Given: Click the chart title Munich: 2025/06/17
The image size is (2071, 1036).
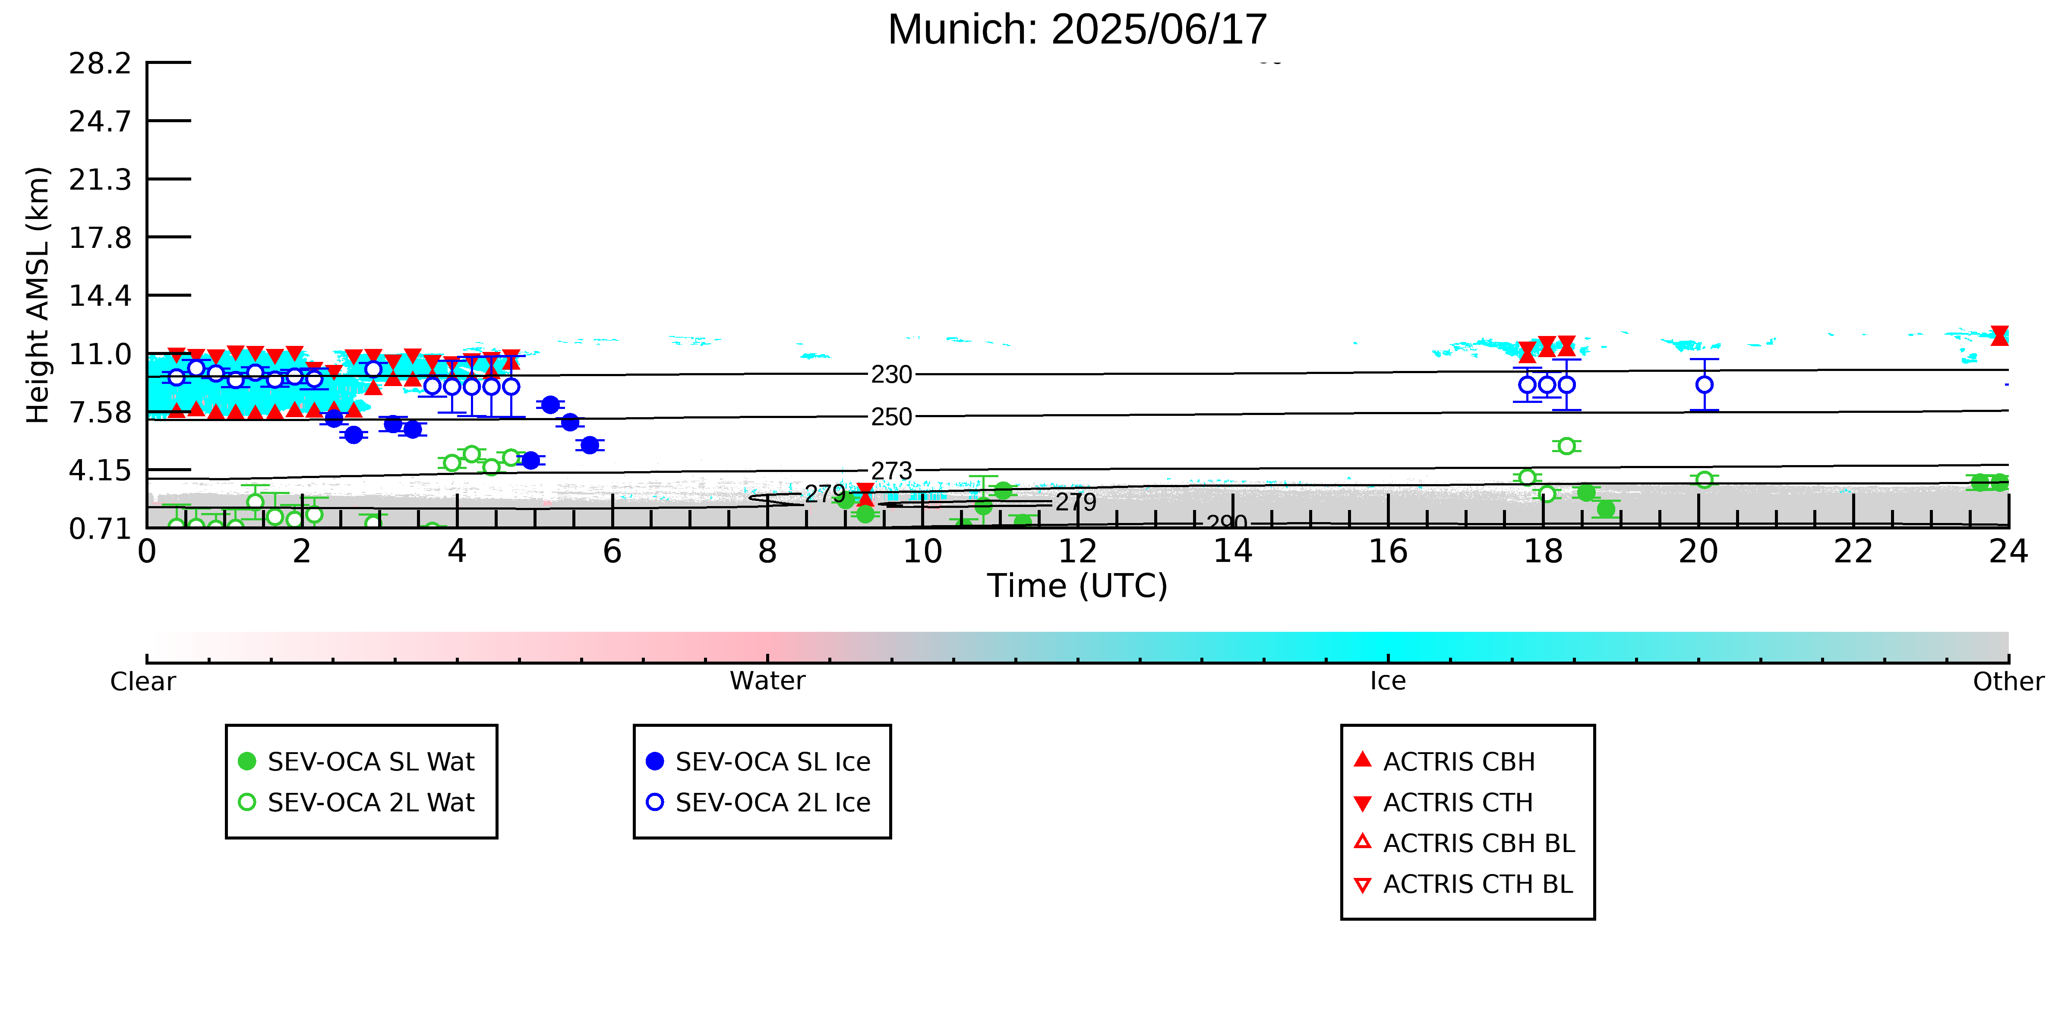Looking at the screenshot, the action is [1077, 30].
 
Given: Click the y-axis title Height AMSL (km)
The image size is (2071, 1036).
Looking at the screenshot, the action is [38, 295].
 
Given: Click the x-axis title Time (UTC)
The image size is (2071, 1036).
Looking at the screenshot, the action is [1077, 586].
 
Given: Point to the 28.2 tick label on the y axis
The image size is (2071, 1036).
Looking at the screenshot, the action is [100, 63].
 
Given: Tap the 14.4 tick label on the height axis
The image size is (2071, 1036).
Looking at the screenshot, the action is [100, 296].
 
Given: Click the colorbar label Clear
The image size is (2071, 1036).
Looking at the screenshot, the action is [143, 681].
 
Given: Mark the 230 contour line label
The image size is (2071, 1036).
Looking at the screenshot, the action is [892, 375].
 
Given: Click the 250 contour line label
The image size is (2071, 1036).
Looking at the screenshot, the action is [892, 417].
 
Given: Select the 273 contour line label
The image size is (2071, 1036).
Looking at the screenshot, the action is [892, 471].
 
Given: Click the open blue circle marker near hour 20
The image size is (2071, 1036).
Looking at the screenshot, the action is [1705, 384].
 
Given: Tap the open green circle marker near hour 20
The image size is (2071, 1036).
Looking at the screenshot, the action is [1705, 479].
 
